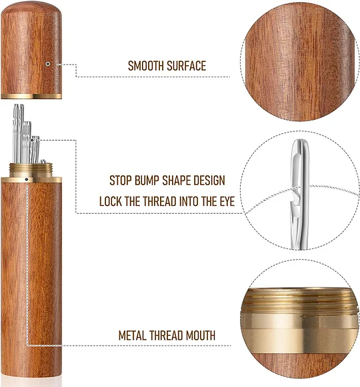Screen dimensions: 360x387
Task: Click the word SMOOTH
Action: pyautogui.click(x=146, y=66)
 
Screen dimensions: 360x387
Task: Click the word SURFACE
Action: pyautogui.click(x=186, y=66)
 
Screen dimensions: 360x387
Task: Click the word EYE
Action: pyautogui.click(x=227, y=201)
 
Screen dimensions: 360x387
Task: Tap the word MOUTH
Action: pyautogui.click(x=201, y=336)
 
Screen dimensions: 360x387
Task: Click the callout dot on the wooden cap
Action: pyautogui.click(x=48, y=64)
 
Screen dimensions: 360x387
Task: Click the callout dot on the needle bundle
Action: pyautogui.click(x=32, y=140)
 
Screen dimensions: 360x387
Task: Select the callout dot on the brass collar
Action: pyautogui.click(x=27, y=179)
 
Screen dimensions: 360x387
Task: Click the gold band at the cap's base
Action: pyautogui.click(x=31, y=96)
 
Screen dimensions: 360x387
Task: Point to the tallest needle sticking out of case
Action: pyautogui.click(x=15, y=133)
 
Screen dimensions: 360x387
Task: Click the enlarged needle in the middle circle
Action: pyautogui.click(x=300, y=194)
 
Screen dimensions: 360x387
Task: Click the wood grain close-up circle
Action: pyautogui.click(x=299, y=63)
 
